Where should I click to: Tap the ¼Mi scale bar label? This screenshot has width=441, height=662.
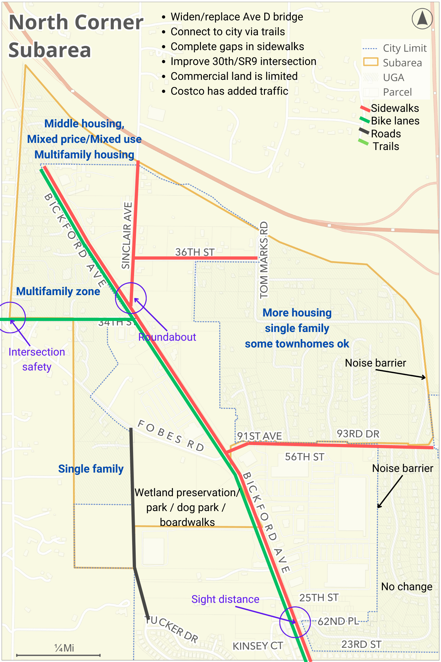tap(64, 648)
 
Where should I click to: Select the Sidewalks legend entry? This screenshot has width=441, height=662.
tap(394, 108)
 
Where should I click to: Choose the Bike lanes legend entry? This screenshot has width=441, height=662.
tap(395, 121)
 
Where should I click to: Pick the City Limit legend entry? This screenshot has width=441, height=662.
tap(404, 48)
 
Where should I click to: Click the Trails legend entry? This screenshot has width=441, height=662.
tap(386, 146)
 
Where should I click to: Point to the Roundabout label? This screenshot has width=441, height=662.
tap(167, 337)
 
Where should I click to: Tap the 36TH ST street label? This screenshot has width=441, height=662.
tap(194, 252)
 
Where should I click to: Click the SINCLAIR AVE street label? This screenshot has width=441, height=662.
tap(127, 236)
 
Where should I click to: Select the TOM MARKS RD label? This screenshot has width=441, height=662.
tap(264, 260)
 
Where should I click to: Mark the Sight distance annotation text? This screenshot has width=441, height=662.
tap(225, 599)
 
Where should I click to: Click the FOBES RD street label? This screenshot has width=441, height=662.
tap(171, 435)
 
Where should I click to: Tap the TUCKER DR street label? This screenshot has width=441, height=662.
tap(172, 629)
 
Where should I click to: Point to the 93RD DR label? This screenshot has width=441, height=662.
tap(358, 434)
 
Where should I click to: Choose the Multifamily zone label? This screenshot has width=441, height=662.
tap(58, 291)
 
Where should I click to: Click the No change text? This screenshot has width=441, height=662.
tap(406, 586)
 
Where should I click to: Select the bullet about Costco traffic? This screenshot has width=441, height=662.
tap(229, 91)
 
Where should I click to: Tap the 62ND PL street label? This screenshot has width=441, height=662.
tap(338, 621)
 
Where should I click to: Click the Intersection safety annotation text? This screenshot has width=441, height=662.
tap(37, 359)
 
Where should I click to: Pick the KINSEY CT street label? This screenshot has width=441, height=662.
tap(257, 646)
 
